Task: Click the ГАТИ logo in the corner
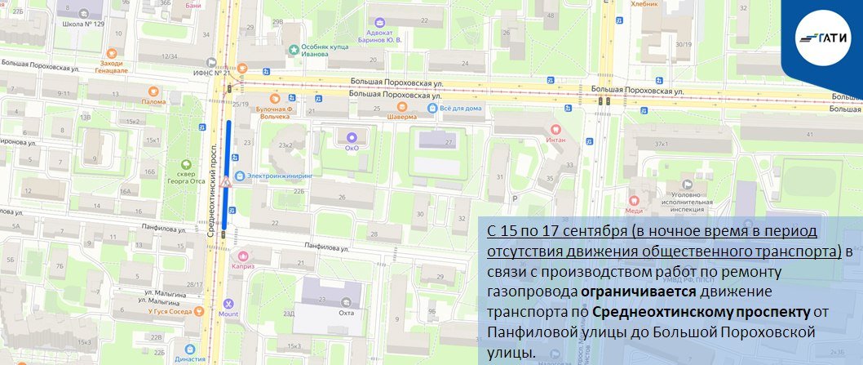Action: click(x=822, y=38)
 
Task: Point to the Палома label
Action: click(x=153, y=101)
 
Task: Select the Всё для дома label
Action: click(x=460, y=108)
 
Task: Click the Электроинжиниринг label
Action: click(x=279, y=175)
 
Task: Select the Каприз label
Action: click(x=244, y=266)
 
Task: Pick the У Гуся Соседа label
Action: click(x=168, y=311)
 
